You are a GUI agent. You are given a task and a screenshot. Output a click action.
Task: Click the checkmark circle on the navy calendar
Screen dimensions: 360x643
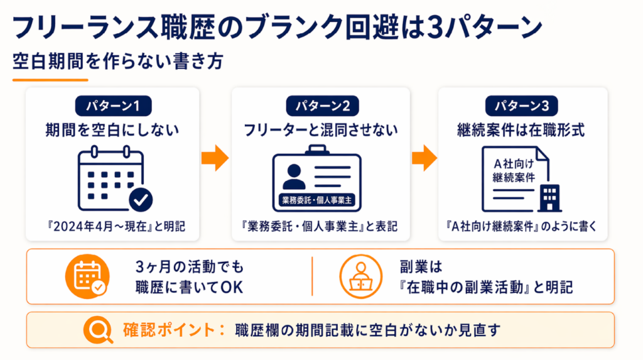pyautogui.click(x=141, y=200)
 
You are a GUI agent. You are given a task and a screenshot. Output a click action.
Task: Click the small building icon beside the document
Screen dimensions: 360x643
pyautogui.click(x=551, y=199)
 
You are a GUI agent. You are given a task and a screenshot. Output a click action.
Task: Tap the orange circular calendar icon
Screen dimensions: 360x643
pyautogui.click(x=85, y=276)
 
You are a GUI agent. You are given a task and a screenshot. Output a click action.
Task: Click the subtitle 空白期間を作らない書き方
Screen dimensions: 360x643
pyautogui.click(x=116, y=62)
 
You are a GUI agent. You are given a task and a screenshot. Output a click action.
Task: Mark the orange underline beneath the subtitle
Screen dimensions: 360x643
pyautogui.click(x=50, y=80)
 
